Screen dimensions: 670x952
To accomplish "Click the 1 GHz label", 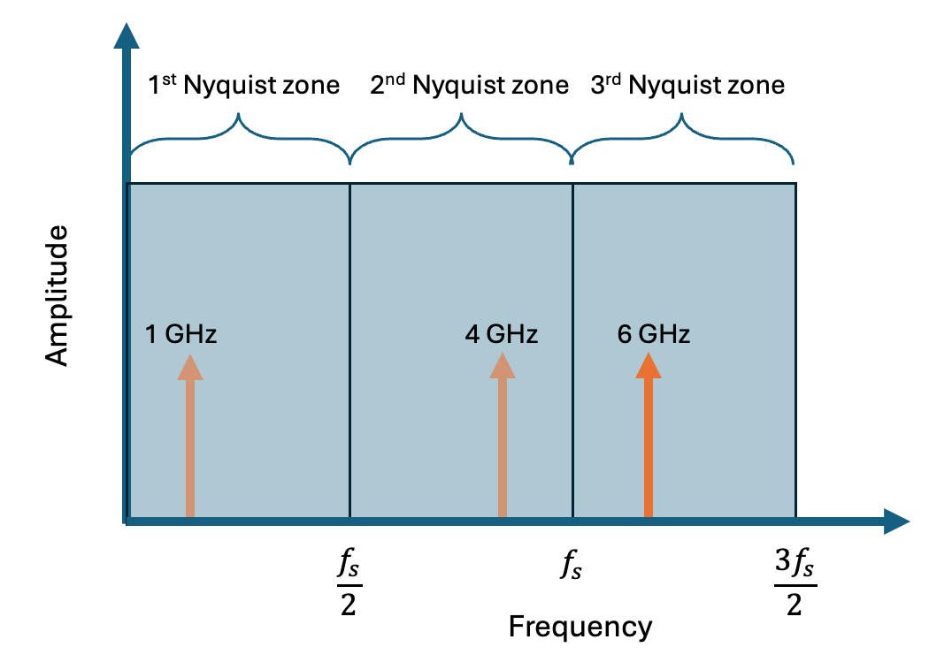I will click(181, 335).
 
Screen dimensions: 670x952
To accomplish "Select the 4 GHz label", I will click(502, 335).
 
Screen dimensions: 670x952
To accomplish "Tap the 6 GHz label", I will click(654, 335).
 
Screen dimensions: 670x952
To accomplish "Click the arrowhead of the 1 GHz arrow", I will click(189, 366).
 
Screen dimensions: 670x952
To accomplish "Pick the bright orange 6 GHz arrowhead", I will click(649, 366).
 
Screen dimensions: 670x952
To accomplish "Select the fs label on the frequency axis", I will click(570, 565).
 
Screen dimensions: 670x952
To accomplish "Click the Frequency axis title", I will click(580, 627).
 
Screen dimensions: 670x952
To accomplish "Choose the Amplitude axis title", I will click(57, 295).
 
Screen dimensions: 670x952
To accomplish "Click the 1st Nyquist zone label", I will click(242, 86).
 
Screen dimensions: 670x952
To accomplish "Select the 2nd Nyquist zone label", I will click(469, 86).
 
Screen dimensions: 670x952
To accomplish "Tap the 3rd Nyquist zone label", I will click(687, 86).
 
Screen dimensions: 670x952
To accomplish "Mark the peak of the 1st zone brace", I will click(239, 116).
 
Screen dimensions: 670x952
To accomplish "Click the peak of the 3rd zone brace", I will click(682, 116).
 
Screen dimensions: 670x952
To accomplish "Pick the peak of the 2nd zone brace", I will click(461, 116).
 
